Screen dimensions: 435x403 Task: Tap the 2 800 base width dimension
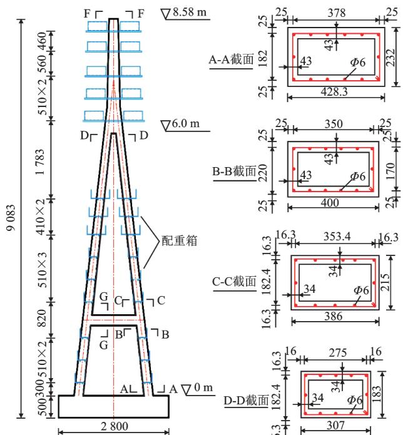click(x=113, y=426)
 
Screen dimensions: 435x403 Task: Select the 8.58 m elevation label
click(x=186, y=12)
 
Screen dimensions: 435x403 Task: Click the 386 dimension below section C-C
click(x=335, y=317)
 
